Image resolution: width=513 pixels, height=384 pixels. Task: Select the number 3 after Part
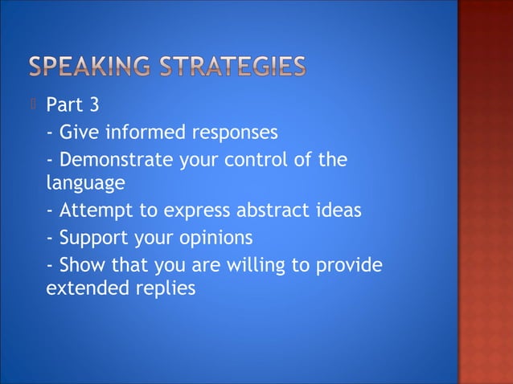[93, 105]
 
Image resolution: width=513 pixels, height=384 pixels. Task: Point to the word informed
[140, 132]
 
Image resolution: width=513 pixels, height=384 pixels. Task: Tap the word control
[252, 160]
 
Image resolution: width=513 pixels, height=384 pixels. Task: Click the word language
[85, 184]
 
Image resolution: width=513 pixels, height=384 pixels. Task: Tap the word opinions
[221, 239]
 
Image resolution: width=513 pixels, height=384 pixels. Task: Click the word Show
[80, 265]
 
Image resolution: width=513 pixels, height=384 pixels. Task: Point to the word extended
[81, 288]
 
